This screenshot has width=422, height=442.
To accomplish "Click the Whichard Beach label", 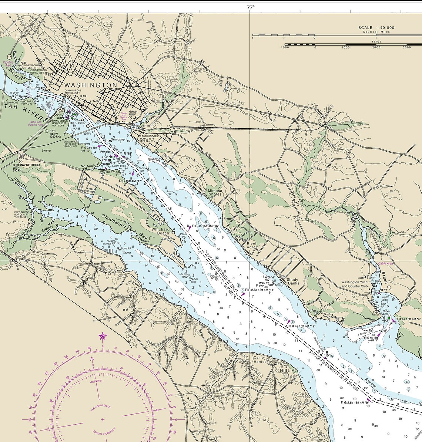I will pos(161,231).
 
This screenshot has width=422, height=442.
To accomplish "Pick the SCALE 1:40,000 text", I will pos(376,28).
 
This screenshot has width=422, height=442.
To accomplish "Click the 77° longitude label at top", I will pos(251,7).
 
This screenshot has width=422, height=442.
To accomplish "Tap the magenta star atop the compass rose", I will pos(102,336).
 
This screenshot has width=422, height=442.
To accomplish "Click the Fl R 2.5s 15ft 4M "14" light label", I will pos(259,290).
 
